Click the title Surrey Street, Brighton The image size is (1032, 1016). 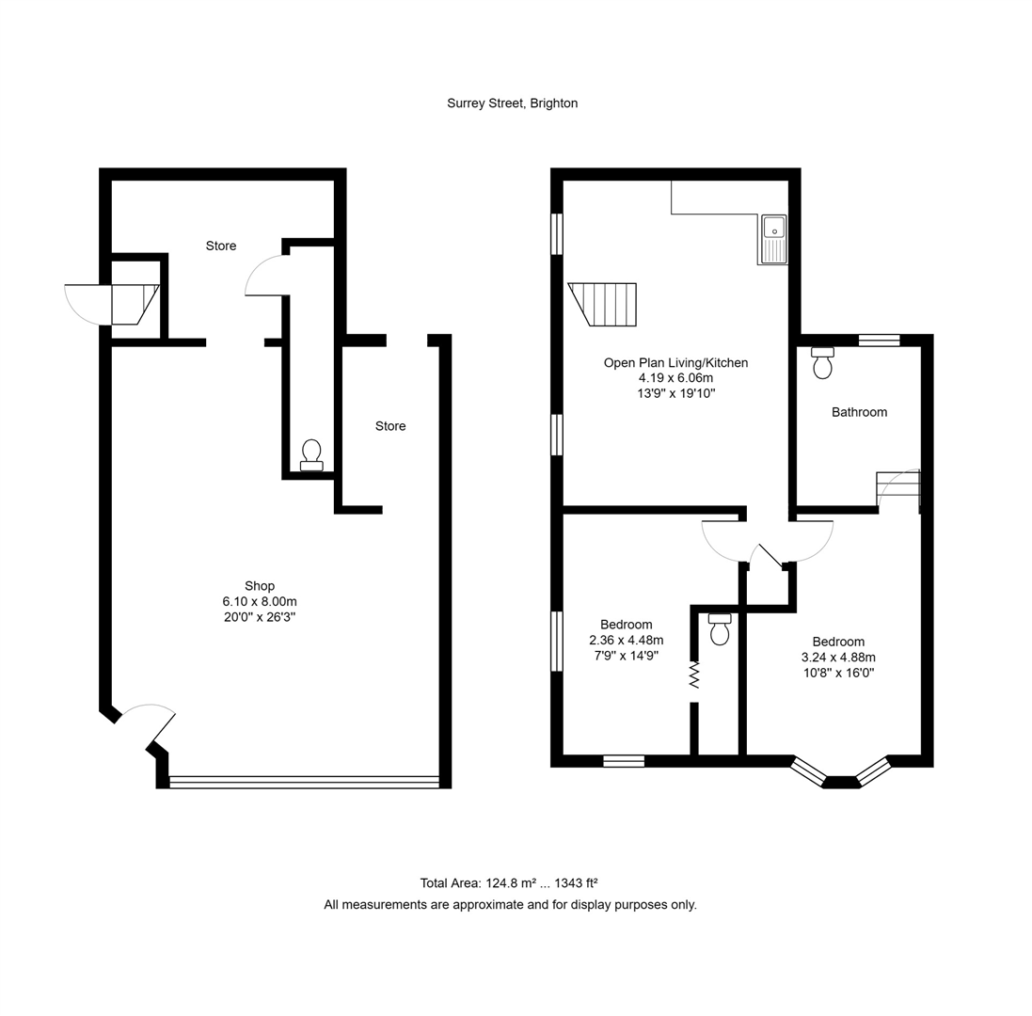coord(512,103)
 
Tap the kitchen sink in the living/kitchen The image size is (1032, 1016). coord(773,238)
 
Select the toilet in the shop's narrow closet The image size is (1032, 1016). coord(311,455)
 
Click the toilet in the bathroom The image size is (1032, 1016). coord(822,362)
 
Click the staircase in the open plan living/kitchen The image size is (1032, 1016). coord(603,304)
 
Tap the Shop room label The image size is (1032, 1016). coord(260,586)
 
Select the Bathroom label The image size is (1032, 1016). coord(859,412)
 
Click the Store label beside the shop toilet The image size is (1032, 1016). coord(390,426)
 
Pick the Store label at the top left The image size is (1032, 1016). coord(221,246)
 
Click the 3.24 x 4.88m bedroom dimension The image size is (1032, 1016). coord(838,658)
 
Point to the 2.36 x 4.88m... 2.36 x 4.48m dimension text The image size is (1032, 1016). coord(627,640)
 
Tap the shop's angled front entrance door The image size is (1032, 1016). coord(151,723)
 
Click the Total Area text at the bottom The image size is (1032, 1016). coord(509,883)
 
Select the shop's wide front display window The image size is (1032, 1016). coord(304,781)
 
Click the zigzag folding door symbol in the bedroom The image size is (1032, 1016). coord(694,675)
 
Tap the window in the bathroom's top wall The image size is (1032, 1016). coord(879,341)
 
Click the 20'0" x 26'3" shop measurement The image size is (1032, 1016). coord(260,617)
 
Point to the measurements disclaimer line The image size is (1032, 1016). coord(510,905)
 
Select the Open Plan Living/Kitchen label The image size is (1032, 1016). coord(675,363)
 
